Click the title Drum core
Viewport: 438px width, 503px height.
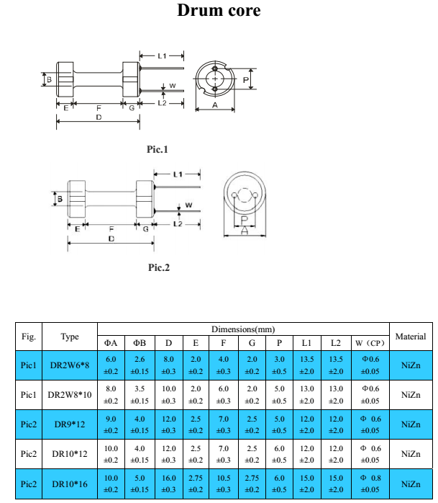coord(219,11)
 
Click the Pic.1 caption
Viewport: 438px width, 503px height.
coord(157,149)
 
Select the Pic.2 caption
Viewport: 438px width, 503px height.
coord(158,267)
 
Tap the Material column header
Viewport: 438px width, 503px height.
coord(410,336)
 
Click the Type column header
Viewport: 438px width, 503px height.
coord(70,336)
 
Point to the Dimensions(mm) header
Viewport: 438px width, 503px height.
coord(243,329)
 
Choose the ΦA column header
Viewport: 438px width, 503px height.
coord(111,343)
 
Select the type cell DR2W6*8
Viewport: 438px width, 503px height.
coord(70,365)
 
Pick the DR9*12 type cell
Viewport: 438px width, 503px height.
coord(70,424)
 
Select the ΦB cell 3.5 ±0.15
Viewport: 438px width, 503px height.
coord(140,395)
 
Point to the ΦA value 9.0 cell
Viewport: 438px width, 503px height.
coord(111,424)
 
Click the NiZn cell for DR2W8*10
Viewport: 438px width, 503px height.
coord(410,395)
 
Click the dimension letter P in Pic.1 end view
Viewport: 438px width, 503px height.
coord(245,79)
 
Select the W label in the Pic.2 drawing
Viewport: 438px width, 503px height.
coord(188,205)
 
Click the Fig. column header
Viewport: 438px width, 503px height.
coord(29,336)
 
